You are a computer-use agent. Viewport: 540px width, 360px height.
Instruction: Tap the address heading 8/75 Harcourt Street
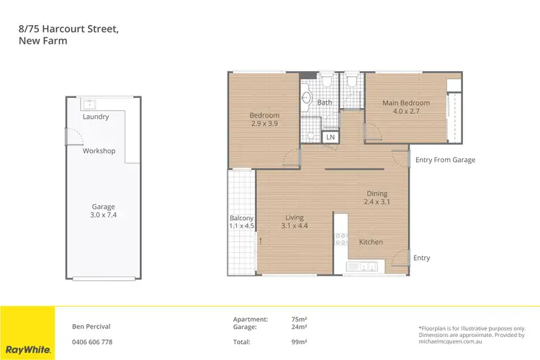(68, 28)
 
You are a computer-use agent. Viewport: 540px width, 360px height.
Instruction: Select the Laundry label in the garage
(96, 117)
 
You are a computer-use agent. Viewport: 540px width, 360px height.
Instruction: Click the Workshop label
(99, 151)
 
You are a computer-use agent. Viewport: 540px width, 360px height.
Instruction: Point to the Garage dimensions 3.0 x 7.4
(103, 215)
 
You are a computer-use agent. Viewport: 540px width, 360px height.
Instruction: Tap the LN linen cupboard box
(330, 137)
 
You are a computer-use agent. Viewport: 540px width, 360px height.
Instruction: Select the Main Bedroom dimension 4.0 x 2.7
(406, 112)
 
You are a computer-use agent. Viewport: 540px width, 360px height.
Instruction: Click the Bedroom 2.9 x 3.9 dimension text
(264, 124)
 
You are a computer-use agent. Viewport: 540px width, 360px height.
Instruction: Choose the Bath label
(325, 103)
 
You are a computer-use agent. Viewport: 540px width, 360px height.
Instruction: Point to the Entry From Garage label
(445, 160)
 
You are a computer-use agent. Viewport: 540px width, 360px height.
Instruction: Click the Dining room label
(377, 194)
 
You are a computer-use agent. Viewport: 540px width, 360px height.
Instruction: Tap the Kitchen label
(371, 242)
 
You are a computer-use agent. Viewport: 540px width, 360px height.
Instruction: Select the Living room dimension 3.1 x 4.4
(294, 226)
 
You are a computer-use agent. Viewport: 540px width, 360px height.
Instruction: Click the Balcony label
(241, 217)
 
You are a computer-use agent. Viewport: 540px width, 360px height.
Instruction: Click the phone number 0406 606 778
(92, 342)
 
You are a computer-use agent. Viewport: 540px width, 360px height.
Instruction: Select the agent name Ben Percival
(91, 326)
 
